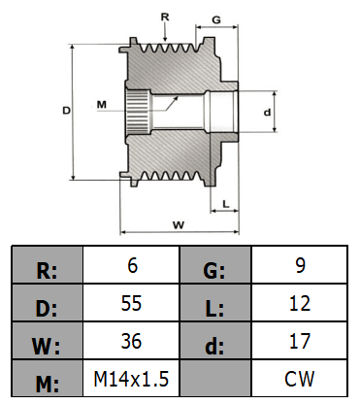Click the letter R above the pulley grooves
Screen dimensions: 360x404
click(x=165, y=17)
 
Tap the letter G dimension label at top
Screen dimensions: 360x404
click(x=216, y=19)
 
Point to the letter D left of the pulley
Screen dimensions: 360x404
click(x=66, y=111)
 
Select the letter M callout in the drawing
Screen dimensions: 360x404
click(x=102, y=105)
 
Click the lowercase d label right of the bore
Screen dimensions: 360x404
click(x=267, y=113)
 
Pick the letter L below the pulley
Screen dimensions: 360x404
click(x=226, y=204)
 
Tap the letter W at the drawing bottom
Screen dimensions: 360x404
click(x=179, y=224)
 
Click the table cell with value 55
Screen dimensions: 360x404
click(x=131, y=303)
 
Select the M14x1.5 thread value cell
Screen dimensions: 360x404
click(x=131, y=378)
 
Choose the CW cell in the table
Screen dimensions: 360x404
click(x=300, y=378)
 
